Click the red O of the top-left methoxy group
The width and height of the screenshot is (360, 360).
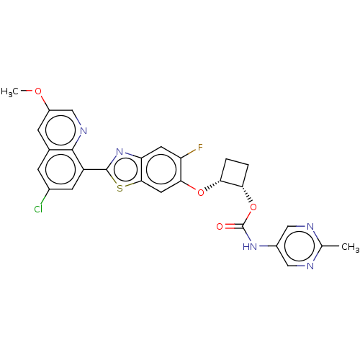39,91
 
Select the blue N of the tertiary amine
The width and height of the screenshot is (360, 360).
82,130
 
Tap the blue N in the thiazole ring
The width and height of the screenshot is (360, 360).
120,153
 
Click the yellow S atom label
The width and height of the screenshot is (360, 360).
120,188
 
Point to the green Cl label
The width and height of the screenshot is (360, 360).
38,210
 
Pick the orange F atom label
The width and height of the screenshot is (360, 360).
200,148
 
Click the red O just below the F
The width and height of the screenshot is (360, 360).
201,192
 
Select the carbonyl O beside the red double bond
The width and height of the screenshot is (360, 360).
220,226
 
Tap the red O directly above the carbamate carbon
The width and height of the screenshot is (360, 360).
253,208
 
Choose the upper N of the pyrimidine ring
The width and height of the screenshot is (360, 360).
310,227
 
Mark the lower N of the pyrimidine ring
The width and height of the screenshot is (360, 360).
310,266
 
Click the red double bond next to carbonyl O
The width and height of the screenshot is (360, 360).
230,227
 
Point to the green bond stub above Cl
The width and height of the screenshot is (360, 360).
42,201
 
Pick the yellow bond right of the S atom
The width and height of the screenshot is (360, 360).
130,185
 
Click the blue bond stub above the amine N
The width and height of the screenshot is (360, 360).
78,122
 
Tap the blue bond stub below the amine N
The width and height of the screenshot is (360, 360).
79,138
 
